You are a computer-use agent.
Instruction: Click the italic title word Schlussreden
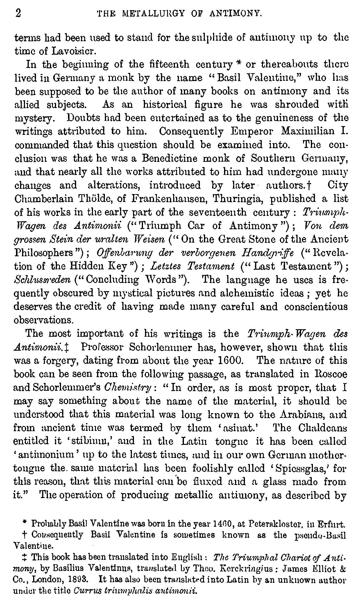tap(42, 280)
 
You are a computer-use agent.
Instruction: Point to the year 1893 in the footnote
tap(84, 578)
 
